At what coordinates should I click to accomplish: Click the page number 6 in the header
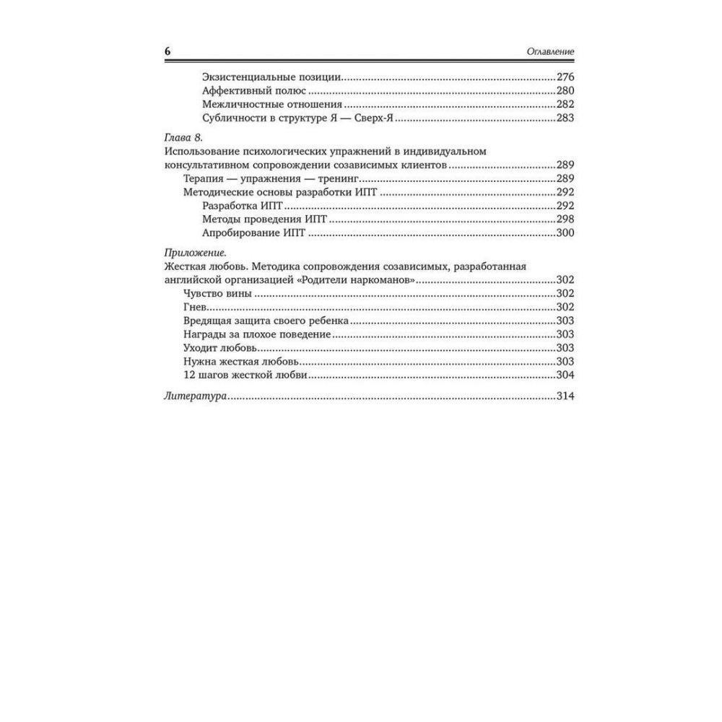pos(168,52)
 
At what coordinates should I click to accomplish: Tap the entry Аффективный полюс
pos(254,91)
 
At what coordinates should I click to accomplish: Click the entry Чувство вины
pos(217,293)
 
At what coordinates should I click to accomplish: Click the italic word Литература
pos(196,396)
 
